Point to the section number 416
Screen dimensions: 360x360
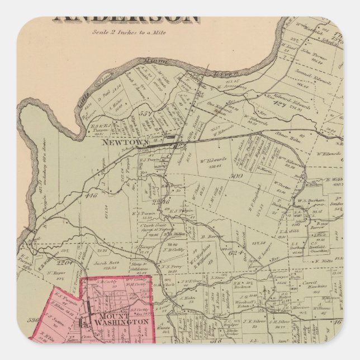pos(91,196)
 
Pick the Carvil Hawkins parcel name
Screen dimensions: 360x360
pos(319,283)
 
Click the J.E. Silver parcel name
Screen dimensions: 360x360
pos(253,323)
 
